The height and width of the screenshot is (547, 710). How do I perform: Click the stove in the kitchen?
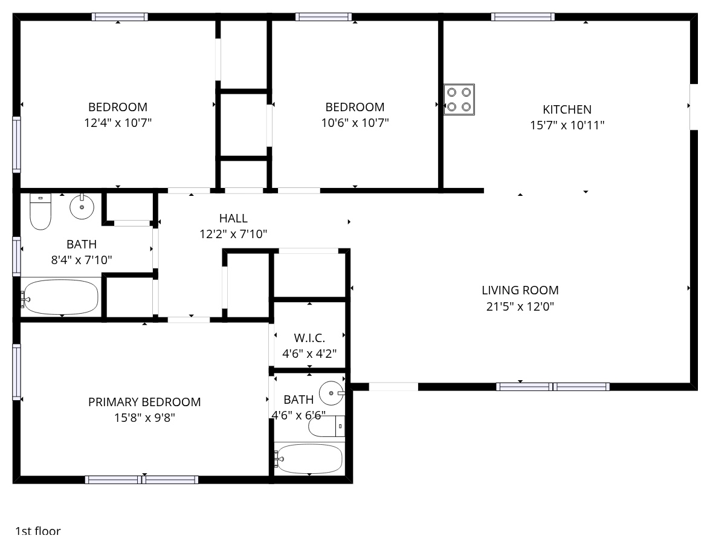[459, 100]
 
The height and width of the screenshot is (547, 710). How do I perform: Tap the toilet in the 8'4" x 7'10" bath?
[40, 212]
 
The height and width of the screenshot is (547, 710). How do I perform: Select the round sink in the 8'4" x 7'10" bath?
[82, 207]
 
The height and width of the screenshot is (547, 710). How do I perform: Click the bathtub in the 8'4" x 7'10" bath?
[60, 297]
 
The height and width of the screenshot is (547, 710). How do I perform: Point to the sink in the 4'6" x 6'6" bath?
[332, 393]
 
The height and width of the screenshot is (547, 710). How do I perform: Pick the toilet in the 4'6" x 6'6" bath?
[326, 426]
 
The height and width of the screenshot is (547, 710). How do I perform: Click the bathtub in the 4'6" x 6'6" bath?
[309, 459]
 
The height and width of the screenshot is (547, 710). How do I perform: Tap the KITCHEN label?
[567, 109]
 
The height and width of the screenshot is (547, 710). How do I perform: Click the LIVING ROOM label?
[520, 290]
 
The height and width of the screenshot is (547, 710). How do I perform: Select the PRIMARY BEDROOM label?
[144, 402]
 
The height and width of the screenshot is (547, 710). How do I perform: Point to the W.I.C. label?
[309, 338]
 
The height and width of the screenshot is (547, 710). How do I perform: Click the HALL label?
[233, 218]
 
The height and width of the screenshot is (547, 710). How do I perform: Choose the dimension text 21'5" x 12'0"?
[520, 306]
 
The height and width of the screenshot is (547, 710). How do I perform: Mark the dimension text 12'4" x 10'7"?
[118, 123]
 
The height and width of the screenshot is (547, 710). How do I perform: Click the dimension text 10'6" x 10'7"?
[355, 123]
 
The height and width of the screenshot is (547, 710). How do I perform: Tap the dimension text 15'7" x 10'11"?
[567, 125]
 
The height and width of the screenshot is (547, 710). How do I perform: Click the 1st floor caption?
[38, 531]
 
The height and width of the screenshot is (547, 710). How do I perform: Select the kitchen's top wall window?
[523, 17]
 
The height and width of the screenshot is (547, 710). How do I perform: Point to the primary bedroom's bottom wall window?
[142, 479]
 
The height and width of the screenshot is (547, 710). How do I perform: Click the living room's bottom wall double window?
[553, 387]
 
